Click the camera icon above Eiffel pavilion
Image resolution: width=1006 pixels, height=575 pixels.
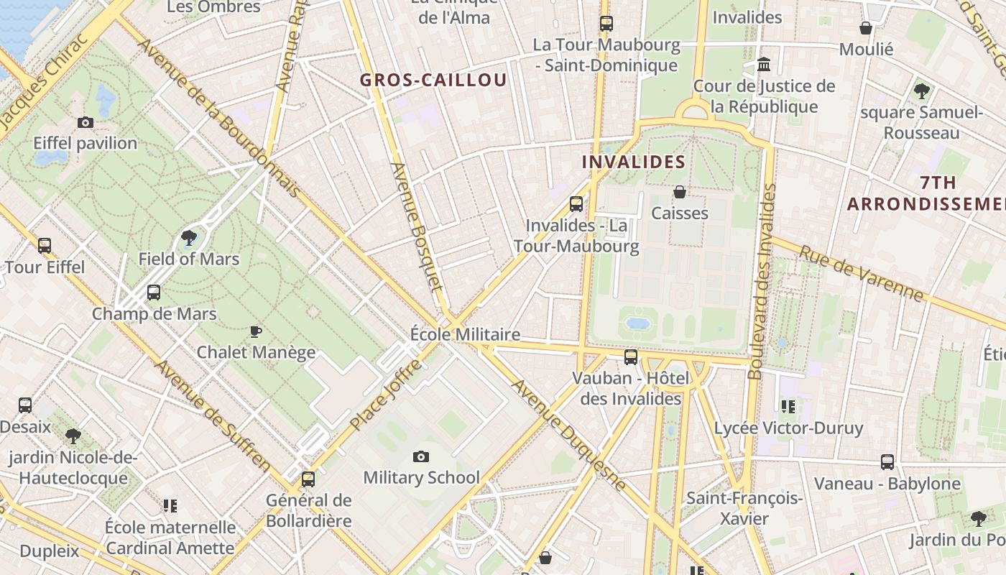click(x=86, y=123)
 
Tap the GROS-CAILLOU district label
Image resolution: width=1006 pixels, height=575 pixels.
click(x=433, y=80)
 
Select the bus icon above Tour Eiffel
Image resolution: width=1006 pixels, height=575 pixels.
click(x=45, y=246)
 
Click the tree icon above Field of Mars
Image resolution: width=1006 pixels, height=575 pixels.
click(x=189, y=237)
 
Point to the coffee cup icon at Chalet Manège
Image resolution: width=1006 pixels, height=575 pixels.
click(x=255, y=331)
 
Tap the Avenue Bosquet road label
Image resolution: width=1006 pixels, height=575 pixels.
click(x=416, y=226)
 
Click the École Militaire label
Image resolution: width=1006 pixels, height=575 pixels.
click(x=465, y=334)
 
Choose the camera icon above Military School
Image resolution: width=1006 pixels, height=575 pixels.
click(x=421, y=456)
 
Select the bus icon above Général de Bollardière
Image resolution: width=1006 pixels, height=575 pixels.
click(x=308, y=479)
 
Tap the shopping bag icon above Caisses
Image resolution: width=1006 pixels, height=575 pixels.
click(x=679, y=192)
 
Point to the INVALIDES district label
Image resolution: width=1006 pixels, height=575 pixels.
click(x=633, y=162)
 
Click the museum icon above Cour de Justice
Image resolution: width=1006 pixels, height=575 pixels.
click(x=764, y=65)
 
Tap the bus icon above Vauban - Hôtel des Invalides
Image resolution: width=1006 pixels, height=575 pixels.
click(x=631, y=356)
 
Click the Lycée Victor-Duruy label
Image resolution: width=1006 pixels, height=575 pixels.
click(x=788, y=428)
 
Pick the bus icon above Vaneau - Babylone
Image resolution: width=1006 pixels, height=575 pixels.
click(x=887, y=462)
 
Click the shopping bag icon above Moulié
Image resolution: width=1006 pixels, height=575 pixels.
click(x=866, y=28)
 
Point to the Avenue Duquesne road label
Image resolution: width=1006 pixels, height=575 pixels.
click(x=569, y=436)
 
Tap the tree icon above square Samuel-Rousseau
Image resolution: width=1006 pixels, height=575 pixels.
click(x=921, y=91)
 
